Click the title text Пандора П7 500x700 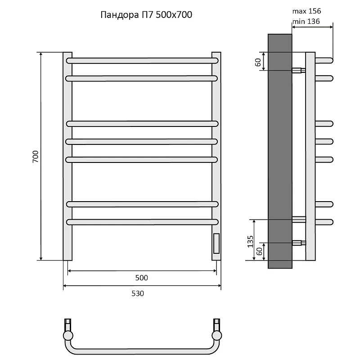point(146,15)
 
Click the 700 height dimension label point(36,157)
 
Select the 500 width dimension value point(141,278)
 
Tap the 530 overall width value point(138,293)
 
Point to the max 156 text point(306,11)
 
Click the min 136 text point(306,21)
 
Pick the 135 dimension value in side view point(250,242)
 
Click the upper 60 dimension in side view point(258,62)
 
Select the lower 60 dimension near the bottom point(259,252)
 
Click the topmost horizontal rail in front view point(142,61)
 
